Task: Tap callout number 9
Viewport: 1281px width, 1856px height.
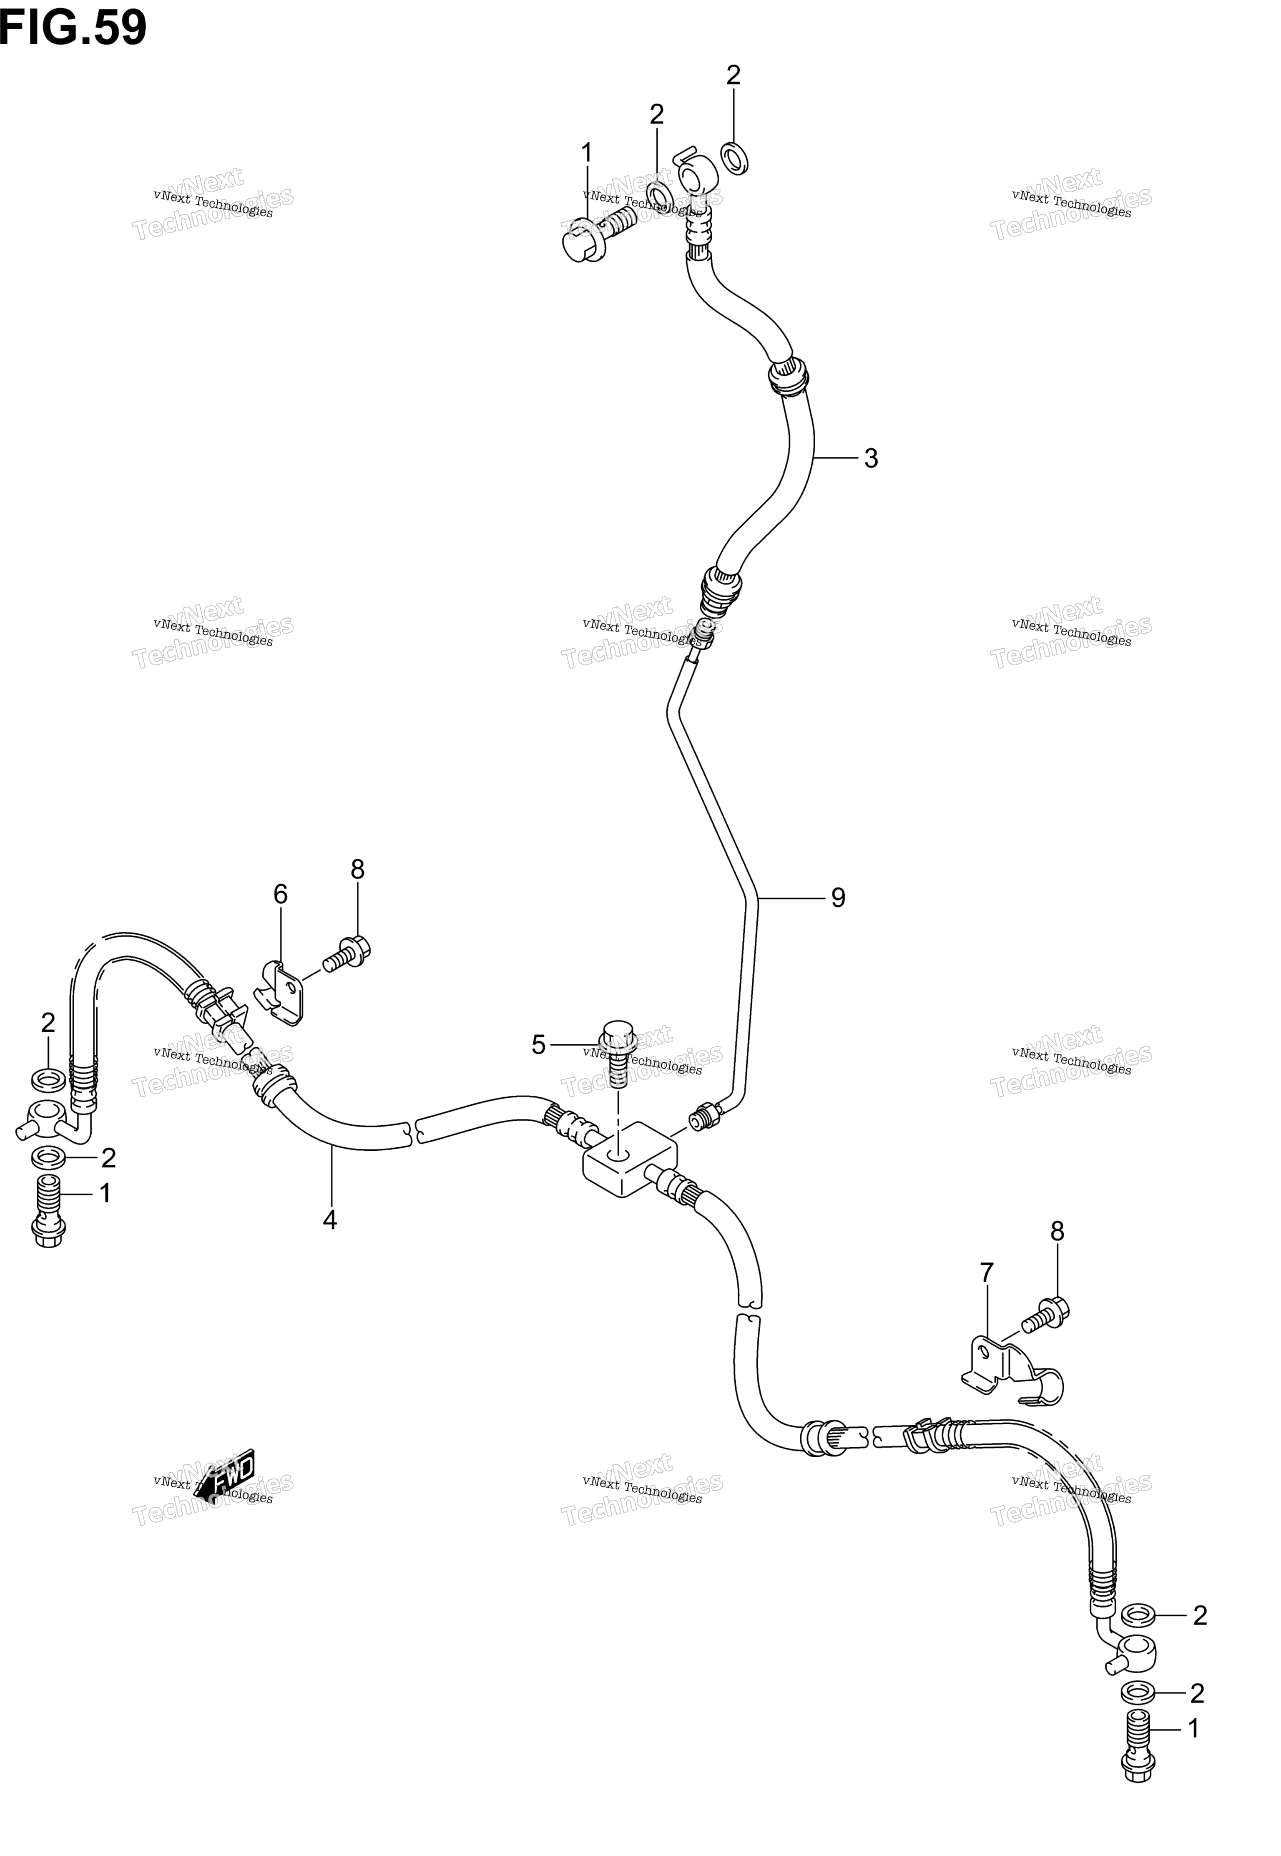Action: click(838, 898)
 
